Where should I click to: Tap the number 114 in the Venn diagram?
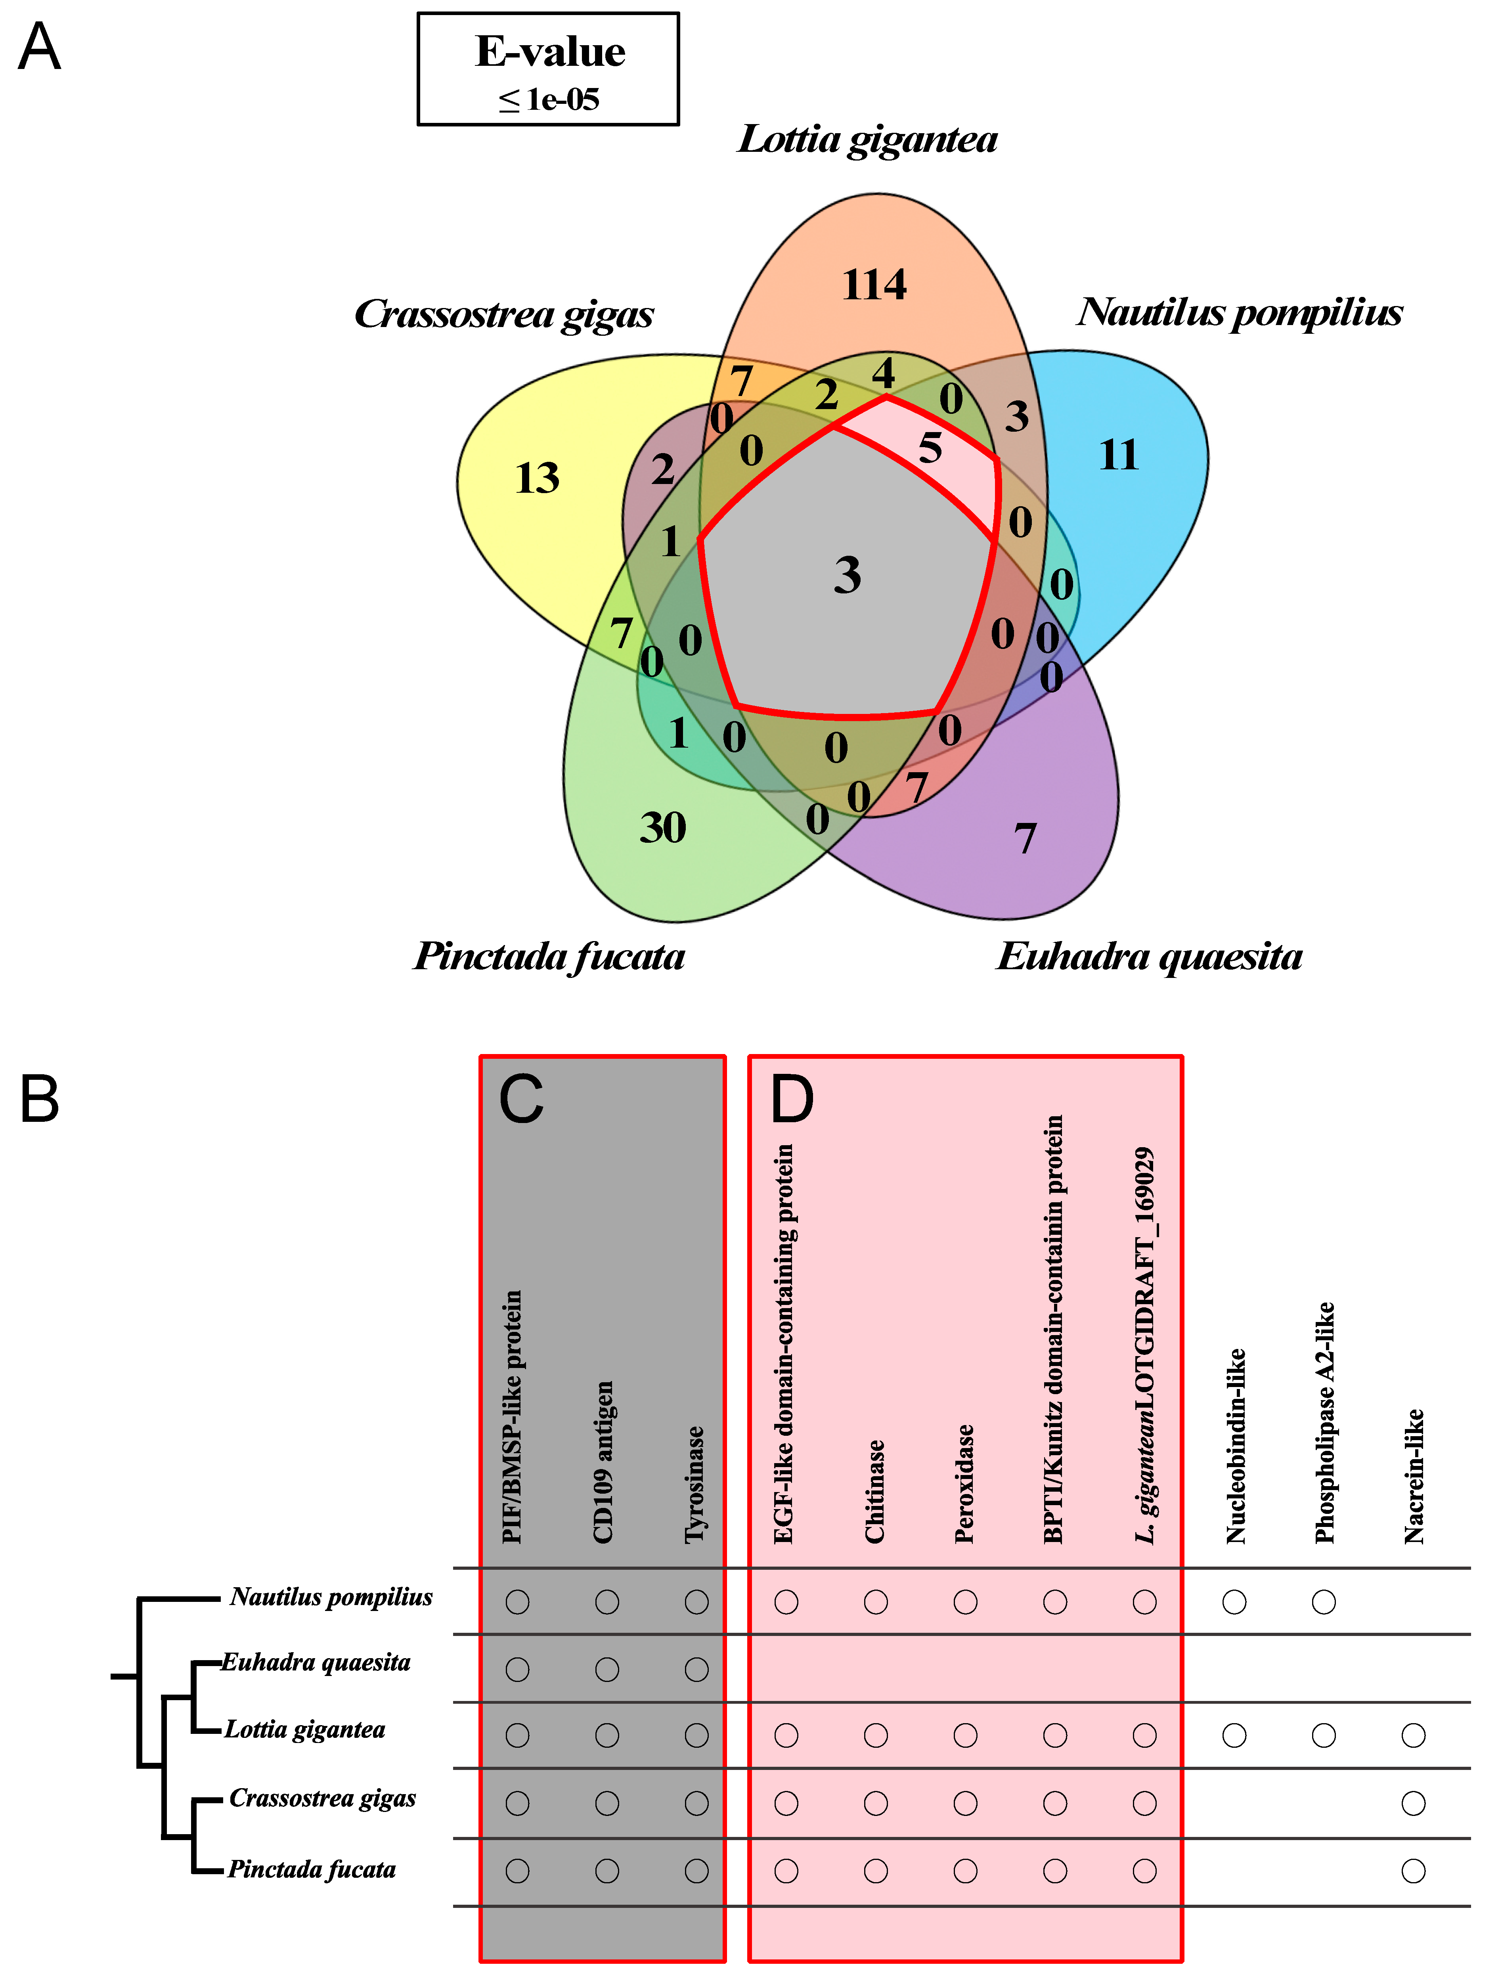point(874,285)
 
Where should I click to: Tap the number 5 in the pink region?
point(930,448)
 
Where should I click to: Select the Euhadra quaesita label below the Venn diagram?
point(1149,956)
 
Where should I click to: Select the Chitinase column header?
point(875,1491)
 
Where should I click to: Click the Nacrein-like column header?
point(1414,1475)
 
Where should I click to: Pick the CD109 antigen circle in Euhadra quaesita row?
point(607,1669)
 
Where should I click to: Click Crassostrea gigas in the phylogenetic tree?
point(322,1798)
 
